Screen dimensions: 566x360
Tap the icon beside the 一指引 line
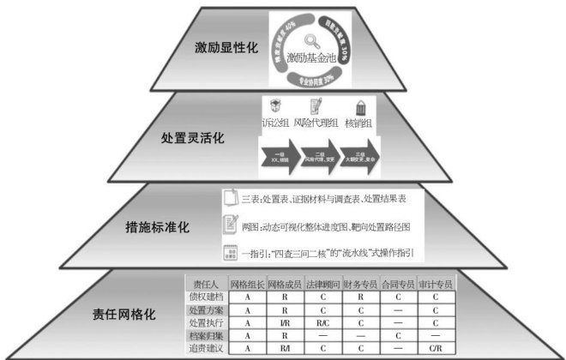pos(229,254)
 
